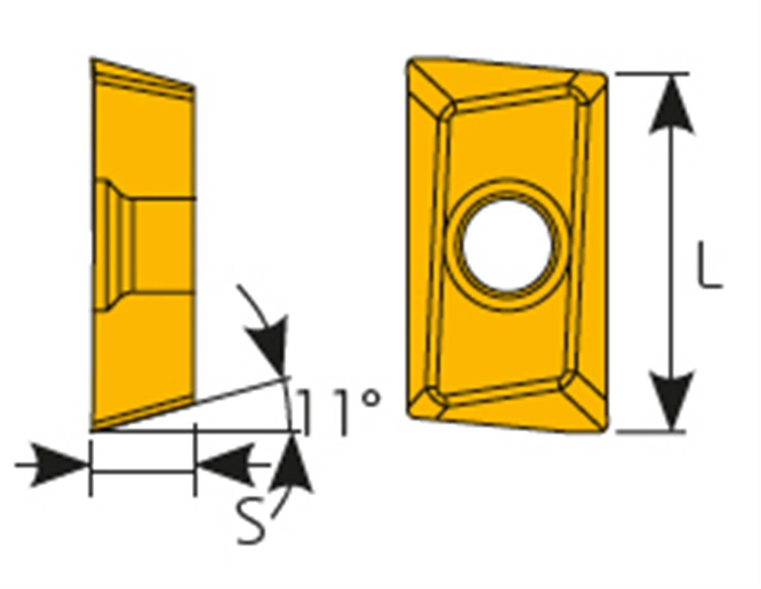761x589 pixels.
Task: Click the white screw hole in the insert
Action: [507, 245]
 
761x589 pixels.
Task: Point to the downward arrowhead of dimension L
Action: [671, 401]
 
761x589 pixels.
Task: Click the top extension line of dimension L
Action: [652, 74]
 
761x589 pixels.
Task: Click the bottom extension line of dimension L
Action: [650, 431]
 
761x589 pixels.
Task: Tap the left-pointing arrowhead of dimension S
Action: [226, 464]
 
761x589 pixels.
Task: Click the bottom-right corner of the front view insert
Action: [604, 430]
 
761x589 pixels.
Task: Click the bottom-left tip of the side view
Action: [91, 430]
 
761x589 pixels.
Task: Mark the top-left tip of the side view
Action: [91, 59]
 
